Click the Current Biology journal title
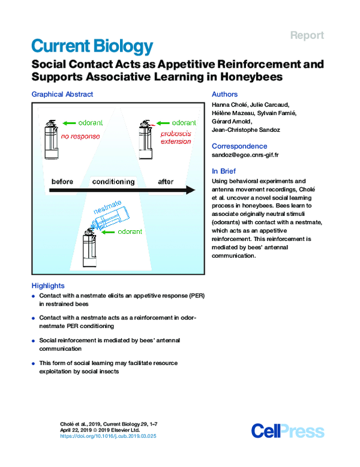click(x=92, y=46)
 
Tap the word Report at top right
click(x=307, y=35)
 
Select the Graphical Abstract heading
click(x=62, y=94)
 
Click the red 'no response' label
click(x=80, y=136)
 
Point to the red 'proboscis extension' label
click(x=176, y=137)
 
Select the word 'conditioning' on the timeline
click(x=113, y=182)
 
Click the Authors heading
click(x=225, y=94)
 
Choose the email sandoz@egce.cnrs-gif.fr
click(x=245, y=155)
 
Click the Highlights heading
click(x=47, y=285)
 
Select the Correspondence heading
click(x=239, y=145)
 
